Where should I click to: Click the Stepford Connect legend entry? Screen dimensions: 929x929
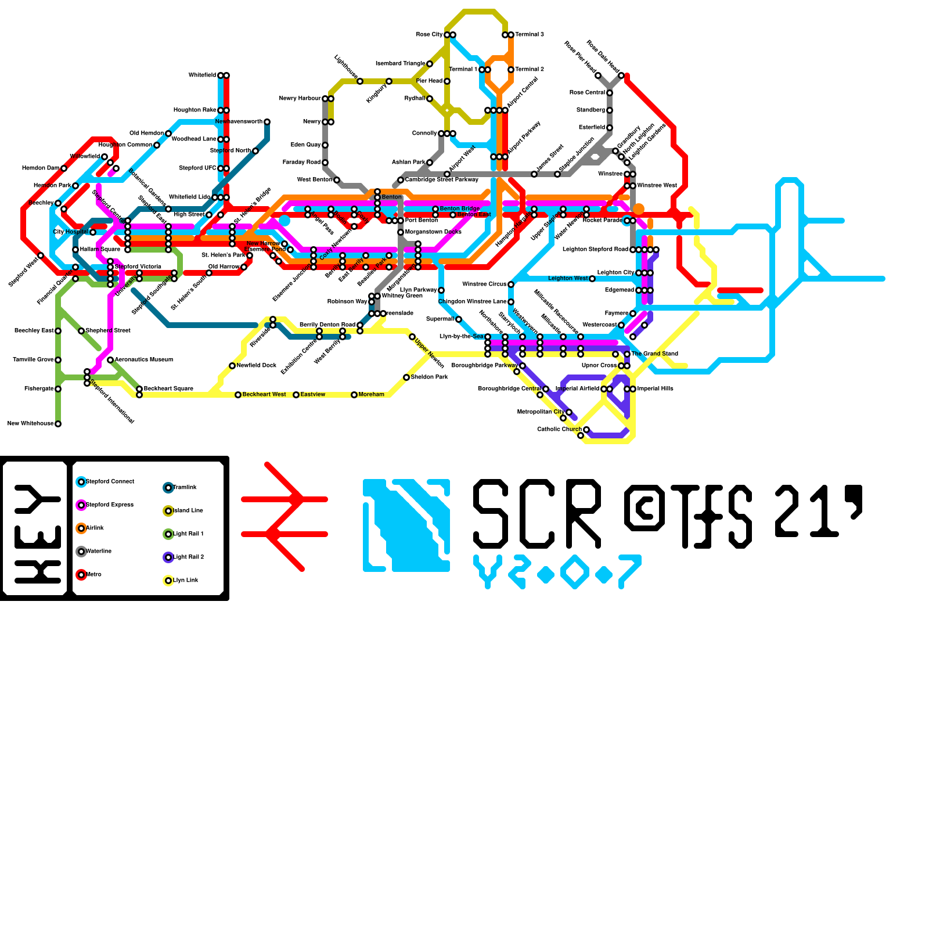(109, 482)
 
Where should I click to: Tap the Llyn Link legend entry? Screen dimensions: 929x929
(185, 581)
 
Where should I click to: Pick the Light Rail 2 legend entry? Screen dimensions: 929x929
(188, 557)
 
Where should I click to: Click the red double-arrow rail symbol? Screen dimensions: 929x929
(285, 517)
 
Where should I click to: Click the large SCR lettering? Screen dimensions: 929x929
(537, 514)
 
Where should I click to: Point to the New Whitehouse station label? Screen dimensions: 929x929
(30, 424)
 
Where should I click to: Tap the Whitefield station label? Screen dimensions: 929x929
(202, 75)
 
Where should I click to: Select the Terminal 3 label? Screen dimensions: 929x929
(530, 35)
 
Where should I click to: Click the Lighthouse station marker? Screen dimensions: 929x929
(360, 81)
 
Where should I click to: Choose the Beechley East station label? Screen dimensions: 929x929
(34, 331)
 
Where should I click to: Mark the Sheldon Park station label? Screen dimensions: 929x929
(429, 377)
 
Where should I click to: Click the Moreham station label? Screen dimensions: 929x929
(371, 395)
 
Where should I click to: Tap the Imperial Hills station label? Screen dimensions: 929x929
(655, 389)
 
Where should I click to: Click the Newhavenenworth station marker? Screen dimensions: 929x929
(267, 122)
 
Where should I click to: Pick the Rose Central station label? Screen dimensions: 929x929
(587, 93)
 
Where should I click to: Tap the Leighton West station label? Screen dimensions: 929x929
(568, 279)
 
